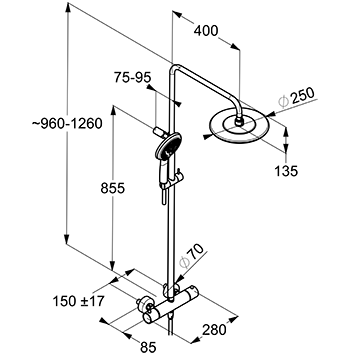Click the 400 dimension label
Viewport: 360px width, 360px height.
pos(206,31)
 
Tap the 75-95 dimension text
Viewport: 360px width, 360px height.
pos(132,77)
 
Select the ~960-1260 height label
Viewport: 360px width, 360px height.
pos(67,124)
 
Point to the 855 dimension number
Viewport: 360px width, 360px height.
pos(113,188)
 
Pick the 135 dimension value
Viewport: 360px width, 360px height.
pos(286,171)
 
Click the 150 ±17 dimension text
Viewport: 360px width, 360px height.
pos(79,301)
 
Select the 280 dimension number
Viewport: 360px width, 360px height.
pos(214,330)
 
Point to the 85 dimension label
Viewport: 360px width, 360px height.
pos(148,348)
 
